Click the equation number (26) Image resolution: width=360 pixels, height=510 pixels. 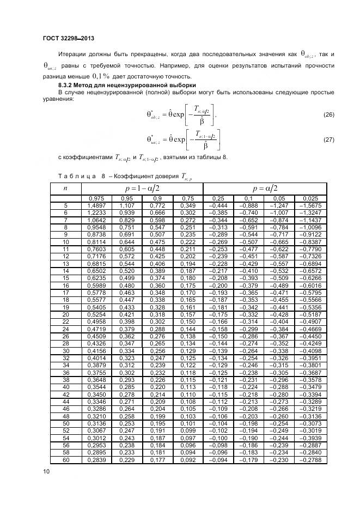328,114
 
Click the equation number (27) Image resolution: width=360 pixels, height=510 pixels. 328,140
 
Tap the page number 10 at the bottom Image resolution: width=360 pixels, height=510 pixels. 46,470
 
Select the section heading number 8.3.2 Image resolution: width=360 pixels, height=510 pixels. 68,86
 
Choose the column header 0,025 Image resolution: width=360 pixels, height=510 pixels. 312,198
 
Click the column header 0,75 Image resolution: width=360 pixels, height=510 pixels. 188,198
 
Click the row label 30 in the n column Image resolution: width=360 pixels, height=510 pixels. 66,351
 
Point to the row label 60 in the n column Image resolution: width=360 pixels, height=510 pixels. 66,460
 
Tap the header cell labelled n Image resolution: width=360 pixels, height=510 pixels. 66,187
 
